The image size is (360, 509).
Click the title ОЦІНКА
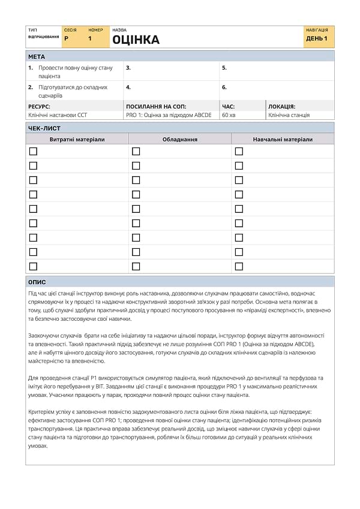136,40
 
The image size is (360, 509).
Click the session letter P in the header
66,38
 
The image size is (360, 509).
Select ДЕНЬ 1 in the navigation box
317,38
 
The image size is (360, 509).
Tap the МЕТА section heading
37,56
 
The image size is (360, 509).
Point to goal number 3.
128,68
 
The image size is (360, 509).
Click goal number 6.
224,87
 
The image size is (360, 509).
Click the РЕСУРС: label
39,106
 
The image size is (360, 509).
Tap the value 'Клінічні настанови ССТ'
58,115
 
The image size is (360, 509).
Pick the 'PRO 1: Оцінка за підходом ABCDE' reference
169,115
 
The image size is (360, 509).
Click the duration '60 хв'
229,115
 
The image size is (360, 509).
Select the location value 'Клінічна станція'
289,115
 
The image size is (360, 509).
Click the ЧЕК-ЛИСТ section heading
44,128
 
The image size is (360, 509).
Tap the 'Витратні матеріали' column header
77,139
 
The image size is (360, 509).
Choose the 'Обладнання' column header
180,139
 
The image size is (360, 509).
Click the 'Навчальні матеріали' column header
283,139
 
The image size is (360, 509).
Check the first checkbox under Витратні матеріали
33,151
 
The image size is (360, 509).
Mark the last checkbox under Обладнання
136,266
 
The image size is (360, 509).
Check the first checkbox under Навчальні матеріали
239,151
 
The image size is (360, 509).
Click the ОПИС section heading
37,282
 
